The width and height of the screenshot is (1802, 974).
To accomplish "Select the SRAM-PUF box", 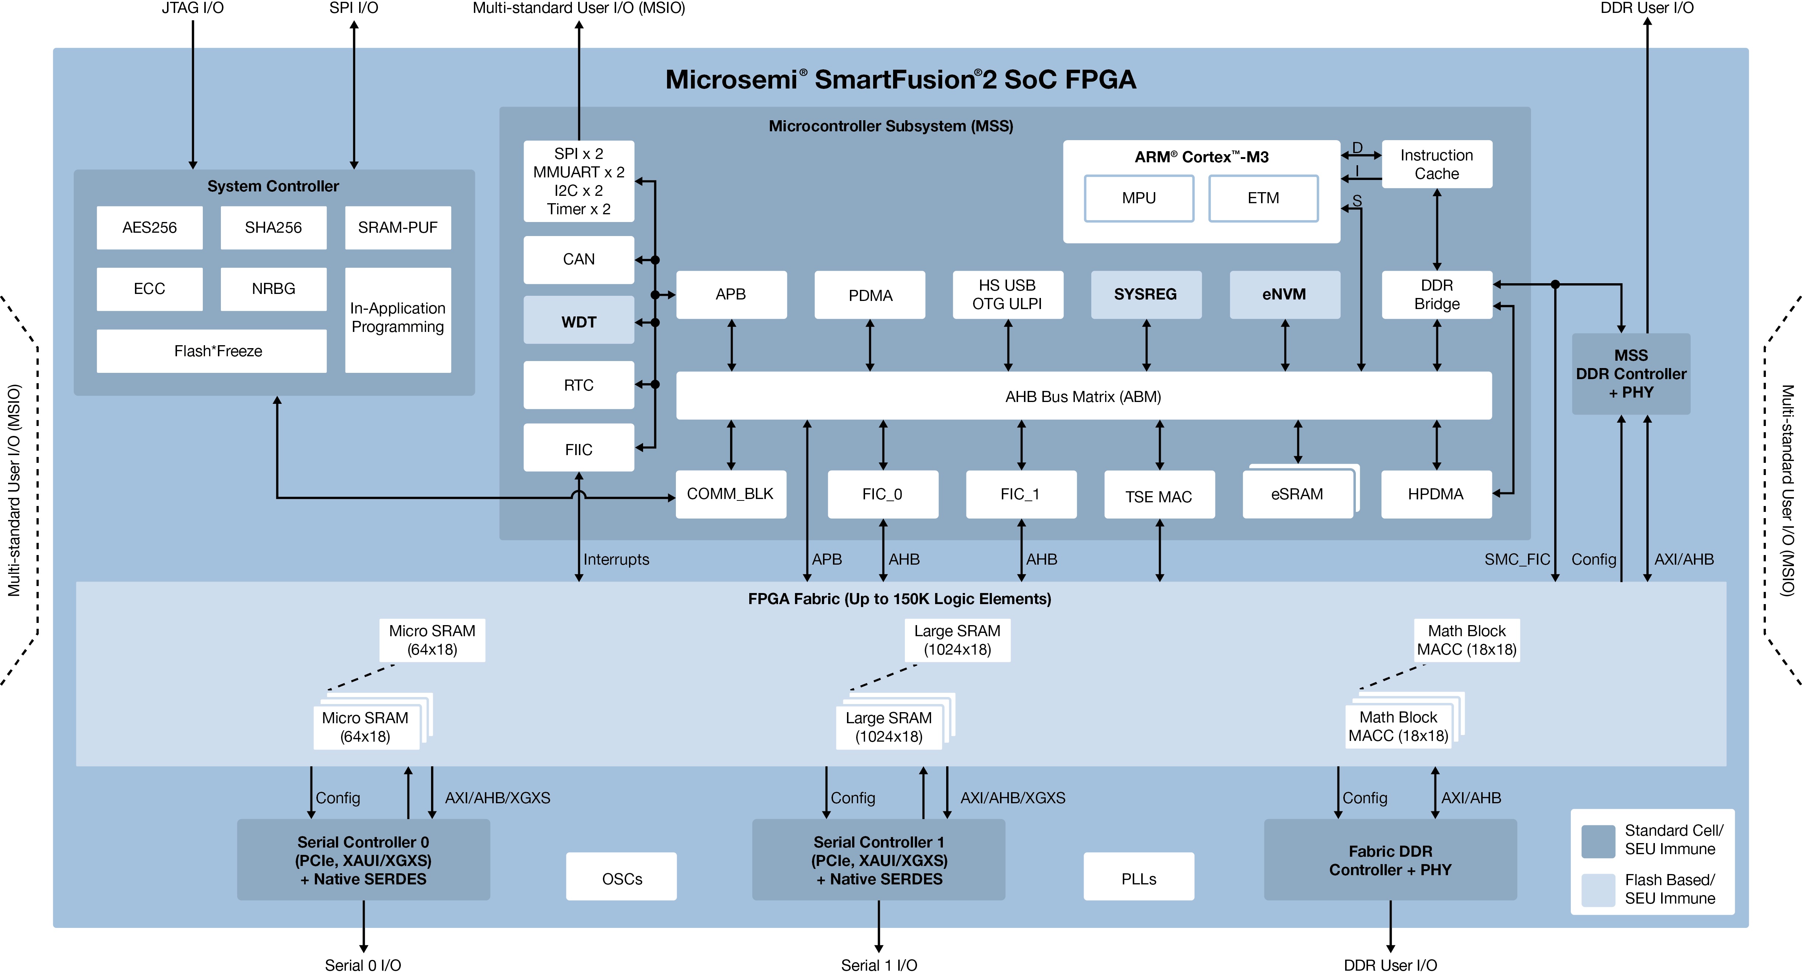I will tap(397, 228).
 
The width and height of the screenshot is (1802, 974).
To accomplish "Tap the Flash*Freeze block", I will tap(211, 351).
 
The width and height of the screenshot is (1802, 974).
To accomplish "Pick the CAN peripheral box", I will tap(579, 259).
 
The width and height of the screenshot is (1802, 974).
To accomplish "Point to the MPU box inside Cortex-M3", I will tap(1138, 198).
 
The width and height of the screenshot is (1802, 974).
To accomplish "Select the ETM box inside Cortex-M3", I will tap(1263, 198).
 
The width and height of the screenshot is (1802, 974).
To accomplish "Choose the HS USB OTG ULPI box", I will tap(1007, 295).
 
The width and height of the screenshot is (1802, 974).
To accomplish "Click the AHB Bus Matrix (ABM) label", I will tap(1083, 397).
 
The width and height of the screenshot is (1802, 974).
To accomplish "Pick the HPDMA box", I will tap(1435, 494).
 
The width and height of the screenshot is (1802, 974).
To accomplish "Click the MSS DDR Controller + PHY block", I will tap(1631, 374).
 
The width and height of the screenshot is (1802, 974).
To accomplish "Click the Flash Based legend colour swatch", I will tap(1598, 889).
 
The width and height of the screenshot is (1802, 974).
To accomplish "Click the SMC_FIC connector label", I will tap(1517, 559).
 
